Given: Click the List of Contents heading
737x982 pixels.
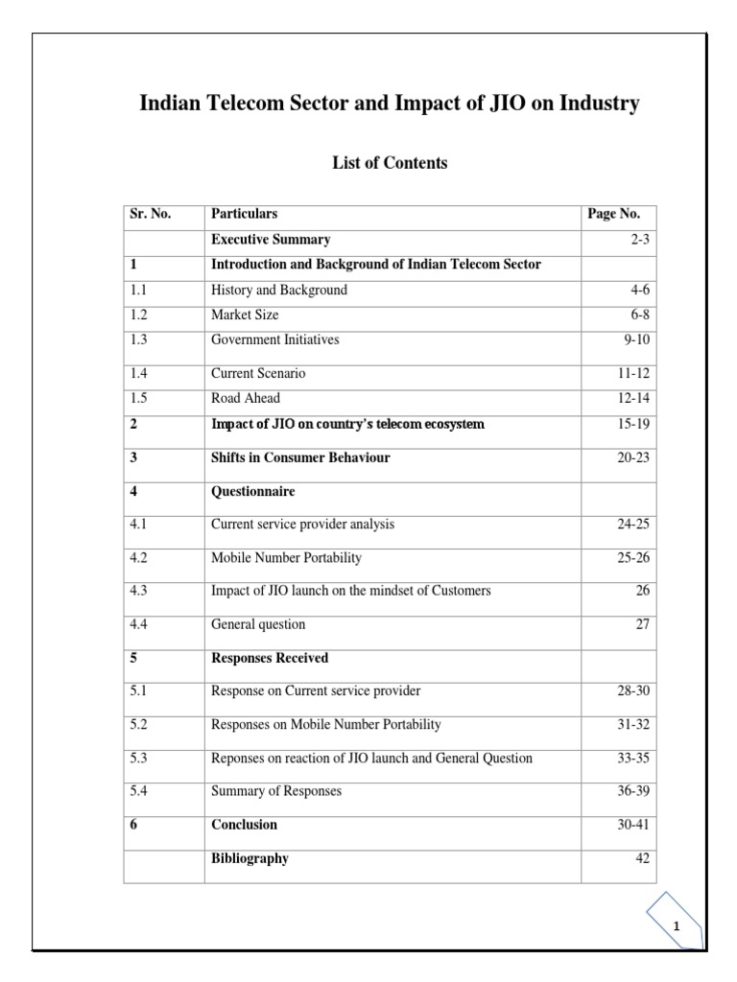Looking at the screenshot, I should pos(390,163).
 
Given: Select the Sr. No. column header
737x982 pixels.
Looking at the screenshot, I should pos(151,214).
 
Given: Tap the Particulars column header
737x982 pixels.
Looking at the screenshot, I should pos(244,214).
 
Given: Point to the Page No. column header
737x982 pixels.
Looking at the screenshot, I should pos(613,214).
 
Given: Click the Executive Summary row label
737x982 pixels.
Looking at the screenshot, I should pos(271,240).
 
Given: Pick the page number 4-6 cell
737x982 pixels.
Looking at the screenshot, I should pos(636,290).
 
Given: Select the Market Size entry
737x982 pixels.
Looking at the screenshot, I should pos(245,315).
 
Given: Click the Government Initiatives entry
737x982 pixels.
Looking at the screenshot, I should pos(274,339).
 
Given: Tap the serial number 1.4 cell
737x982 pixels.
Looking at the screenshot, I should pos(140,373).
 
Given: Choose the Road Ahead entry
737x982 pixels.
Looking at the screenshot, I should pos(246,398).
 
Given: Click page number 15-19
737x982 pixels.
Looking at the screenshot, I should pos(633,424).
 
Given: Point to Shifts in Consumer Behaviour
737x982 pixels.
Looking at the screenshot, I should pos(300,458).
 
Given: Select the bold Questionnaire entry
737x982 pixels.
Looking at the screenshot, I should pos(252,492).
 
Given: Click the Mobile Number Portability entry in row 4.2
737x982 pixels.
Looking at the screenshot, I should pos(286,557).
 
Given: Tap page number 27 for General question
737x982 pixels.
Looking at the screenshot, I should pos(642,624).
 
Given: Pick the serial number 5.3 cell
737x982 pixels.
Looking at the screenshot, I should pos(140,758).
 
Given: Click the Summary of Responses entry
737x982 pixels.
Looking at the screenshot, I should pos(276,791).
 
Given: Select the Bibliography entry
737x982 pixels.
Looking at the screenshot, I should pos(250,858).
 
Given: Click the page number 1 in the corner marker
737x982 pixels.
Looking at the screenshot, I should pos(677,926).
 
